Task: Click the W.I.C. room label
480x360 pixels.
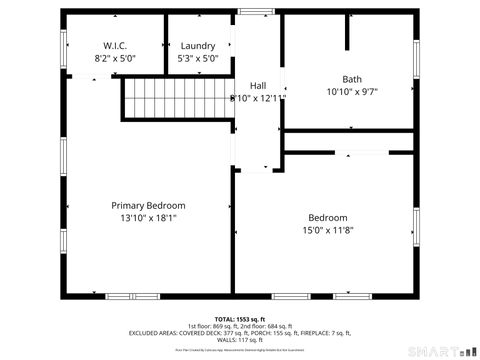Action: coord(115,46)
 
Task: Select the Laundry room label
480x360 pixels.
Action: coord(197,46)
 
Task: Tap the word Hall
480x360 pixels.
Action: coord(258,86)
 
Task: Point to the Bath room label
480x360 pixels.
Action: coord(352,79)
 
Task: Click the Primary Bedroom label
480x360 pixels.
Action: coord(147,205)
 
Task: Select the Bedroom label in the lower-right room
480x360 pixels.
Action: coord(327,218)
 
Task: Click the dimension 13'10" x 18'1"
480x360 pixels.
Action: coord(147,217)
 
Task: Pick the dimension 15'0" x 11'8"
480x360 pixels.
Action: coord(327,230)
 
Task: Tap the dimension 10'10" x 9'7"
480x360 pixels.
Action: coord(352,91)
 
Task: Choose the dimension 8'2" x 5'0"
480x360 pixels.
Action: coord(115,59)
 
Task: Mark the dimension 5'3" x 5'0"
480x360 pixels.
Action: coord(197,59)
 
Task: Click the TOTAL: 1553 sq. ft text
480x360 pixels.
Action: coord(241,319)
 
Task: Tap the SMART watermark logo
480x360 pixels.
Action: coord(441,350)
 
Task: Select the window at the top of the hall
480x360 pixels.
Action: coord(256,12)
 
